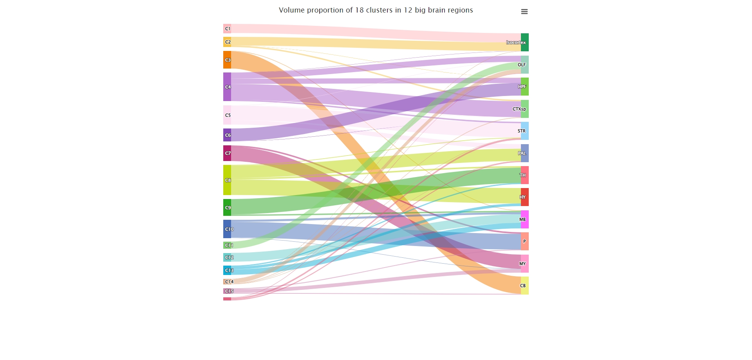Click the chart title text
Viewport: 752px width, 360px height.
(376, 10)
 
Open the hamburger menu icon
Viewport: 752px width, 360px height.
(524, 12)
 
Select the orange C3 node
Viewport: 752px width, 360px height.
(227, 60)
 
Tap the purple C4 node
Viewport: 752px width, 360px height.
(227, 87)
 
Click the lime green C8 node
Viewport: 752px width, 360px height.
(227, 180)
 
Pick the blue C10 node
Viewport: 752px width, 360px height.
(227, 229)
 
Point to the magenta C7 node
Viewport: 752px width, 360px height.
(227, 153)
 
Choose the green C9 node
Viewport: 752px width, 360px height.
(227, 207)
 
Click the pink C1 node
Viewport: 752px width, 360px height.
(227, 29)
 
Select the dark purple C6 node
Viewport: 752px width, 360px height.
(227, 135)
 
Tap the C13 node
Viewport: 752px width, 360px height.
(227, 270)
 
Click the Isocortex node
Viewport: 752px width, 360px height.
(525, 42)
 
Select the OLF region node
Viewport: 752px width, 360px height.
(525, 65)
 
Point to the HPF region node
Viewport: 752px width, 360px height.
(525, 87)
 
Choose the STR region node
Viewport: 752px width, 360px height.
(525, 131)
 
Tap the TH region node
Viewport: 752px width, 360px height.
(525, 175)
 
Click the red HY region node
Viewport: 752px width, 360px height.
(525, 197)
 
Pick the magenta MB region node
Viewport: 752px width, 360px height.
(525, 219)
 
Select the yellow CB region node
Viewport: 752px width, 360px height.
(525, 286)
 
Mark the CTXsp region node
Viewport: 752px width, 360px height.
(525, 109)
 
